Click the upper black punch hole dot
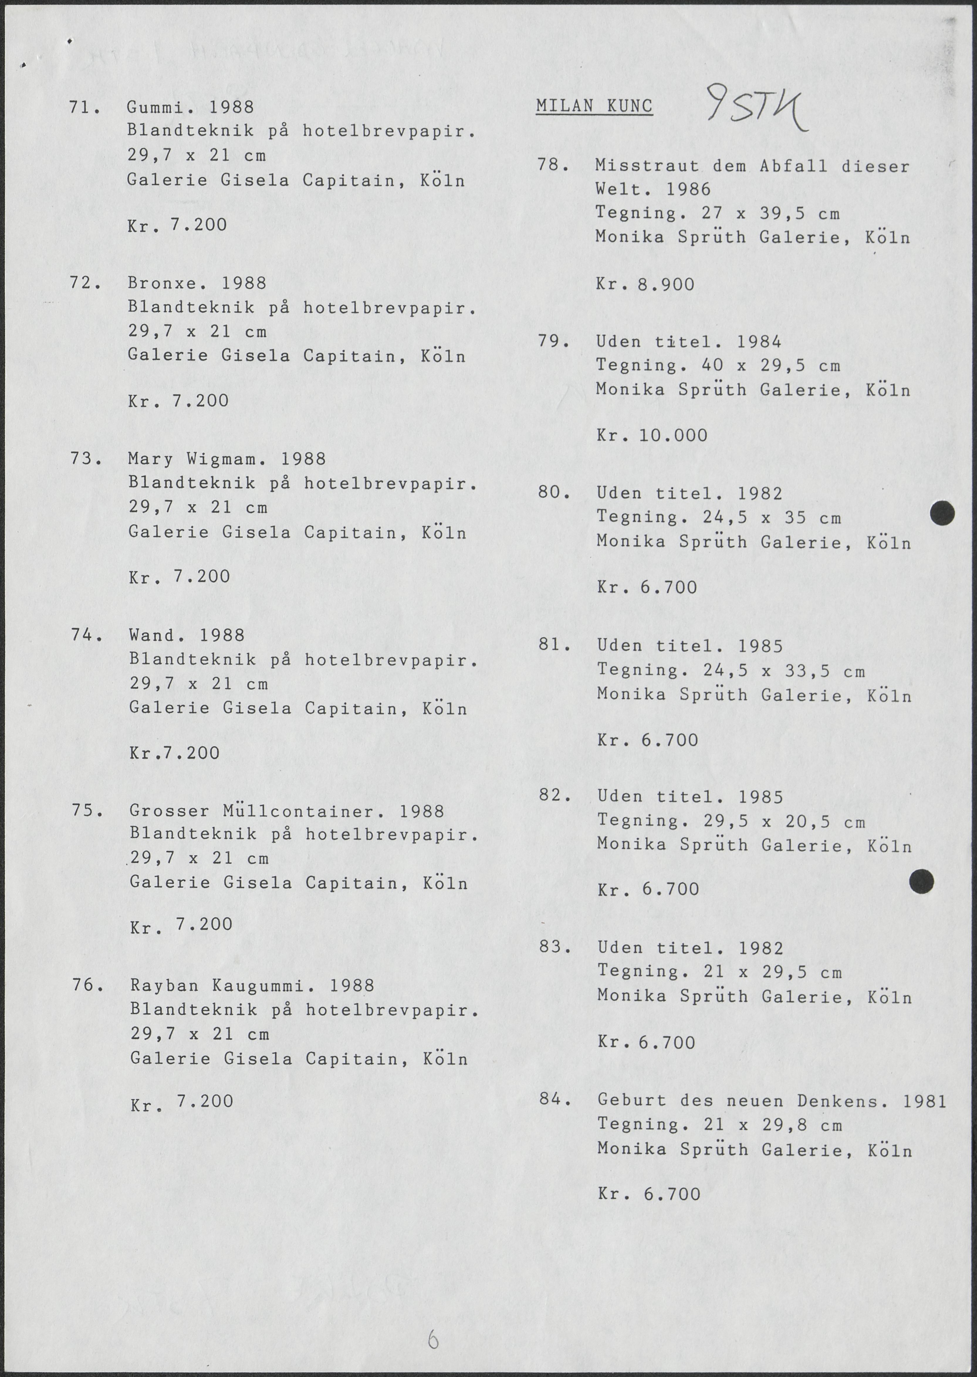pyautogui.click(x=942, y=513)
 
